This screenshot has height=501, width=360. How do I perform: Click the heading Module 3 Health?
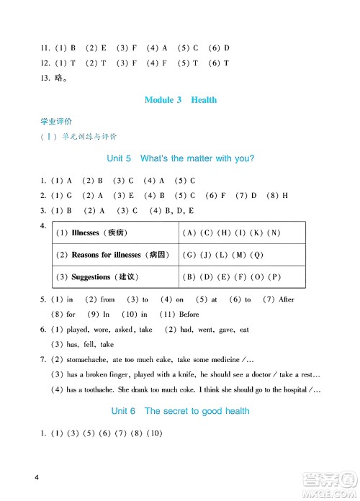(x=180, y=100)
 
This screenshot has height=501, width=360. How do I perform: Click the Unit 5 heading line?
(x=180, y=158)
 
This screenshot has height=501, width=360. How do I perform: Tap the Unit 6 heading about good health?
(x=187, y=411)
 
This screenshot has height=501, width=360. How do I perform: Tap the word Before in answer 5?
(x=189, y=315)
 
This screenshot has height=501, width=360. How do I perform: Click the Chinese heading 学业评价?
(x=61, y=122)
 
